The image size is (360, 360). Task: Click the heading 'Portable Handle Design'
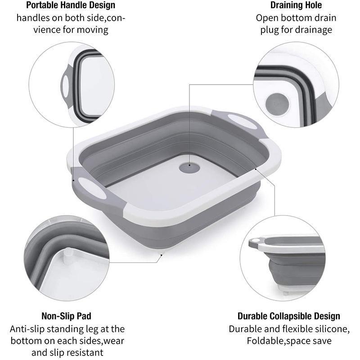pyautogui.click(x=70, y=6)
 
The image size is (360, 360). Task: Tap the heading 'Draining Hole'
pyautogui.click(x=296, y=6)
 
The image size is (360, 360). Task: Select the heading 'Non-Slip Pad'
pyautogui.click(x=66, y=316)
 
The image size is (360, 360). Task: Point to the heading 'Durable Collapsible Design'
pyautogui.click(x=289, y=316)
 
